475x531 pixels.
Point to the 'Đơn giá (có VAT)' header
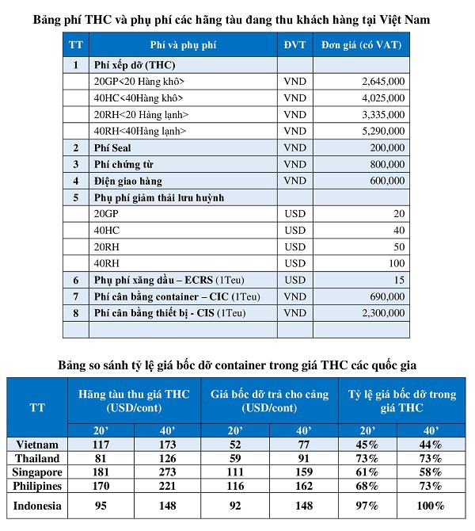(360, 44)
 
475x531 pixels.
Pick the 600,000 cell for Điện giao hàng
(387, 181)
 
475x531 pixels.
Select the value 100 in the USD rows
(396, 263)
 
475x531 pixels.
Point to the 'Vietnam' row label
(33, 444)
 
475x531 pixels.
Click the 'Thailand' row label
(35, 458)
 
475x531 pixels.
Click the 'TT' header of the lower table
(37, 408)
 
